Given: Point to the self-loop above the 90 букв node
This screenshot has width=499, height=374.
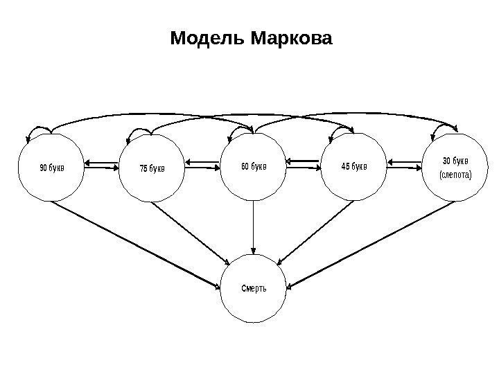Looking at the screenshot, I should (38, 129).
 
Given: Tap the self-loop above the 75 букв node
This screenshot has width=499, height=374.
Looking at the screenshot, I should (141, 130).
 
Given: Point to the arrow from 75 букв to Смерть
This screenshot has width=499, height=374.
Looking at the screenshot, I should (192, 232).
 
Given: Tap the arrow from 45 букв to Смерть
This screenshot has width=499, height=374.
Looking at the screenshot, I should (316, 232).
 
